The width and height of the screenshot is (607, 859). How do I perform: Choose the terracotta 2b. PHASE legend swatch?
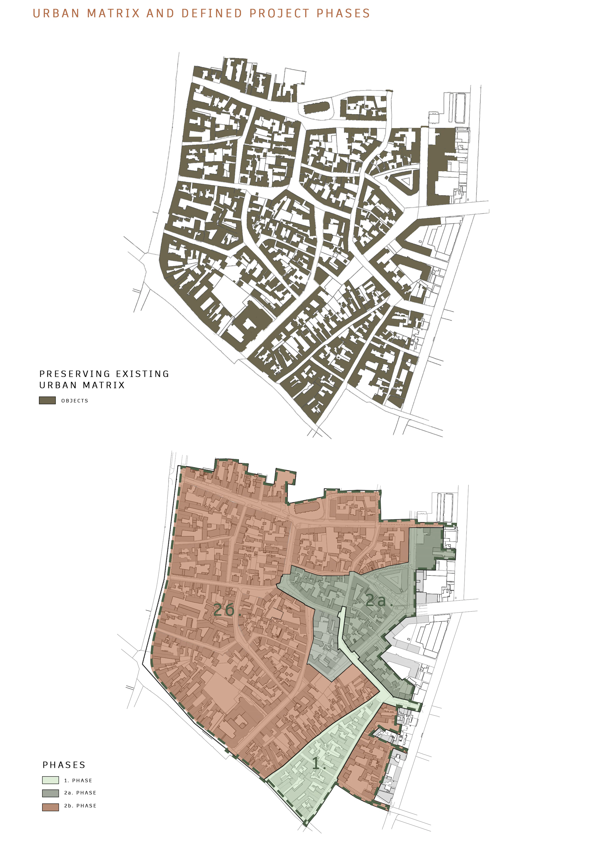tap(50, 807)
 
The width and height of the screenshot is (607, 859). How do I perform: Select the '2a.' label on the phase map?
tap(378, 600)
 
